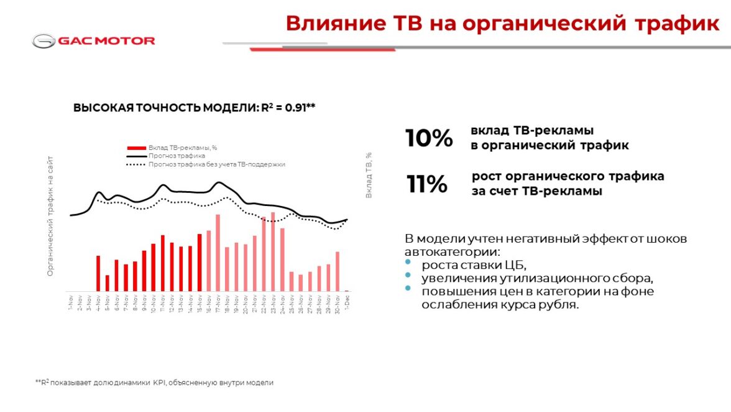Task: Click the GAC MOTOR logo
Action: (x=94, y=41)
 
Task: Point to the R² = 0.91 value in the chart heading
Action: (x=288, y=108)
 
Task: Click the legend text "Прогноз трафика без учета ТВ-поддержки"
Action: (x=216, y=164)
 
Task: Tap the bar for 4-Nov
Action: (x=98, y=273)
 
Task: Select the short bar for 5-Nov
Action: (x=107, y=283)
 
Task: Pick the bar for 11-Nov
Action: (x=162, y=263)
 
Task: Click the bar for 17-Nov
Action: (x=218, y=253)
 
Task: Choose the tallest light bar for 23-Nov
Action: (x=273, y=251)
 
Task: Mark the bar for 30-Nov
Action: (x=338, y=271)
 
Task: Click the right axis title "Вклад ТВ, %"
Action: (x=369, y=175)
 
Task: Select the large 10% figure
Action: (x=429, y=138)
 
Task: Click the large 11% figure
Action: (x=427, y=184)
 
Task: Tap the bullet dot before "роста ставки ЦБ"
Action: (x=408, y=264)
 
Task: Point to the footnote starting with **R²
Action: (x=154, y=383)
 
